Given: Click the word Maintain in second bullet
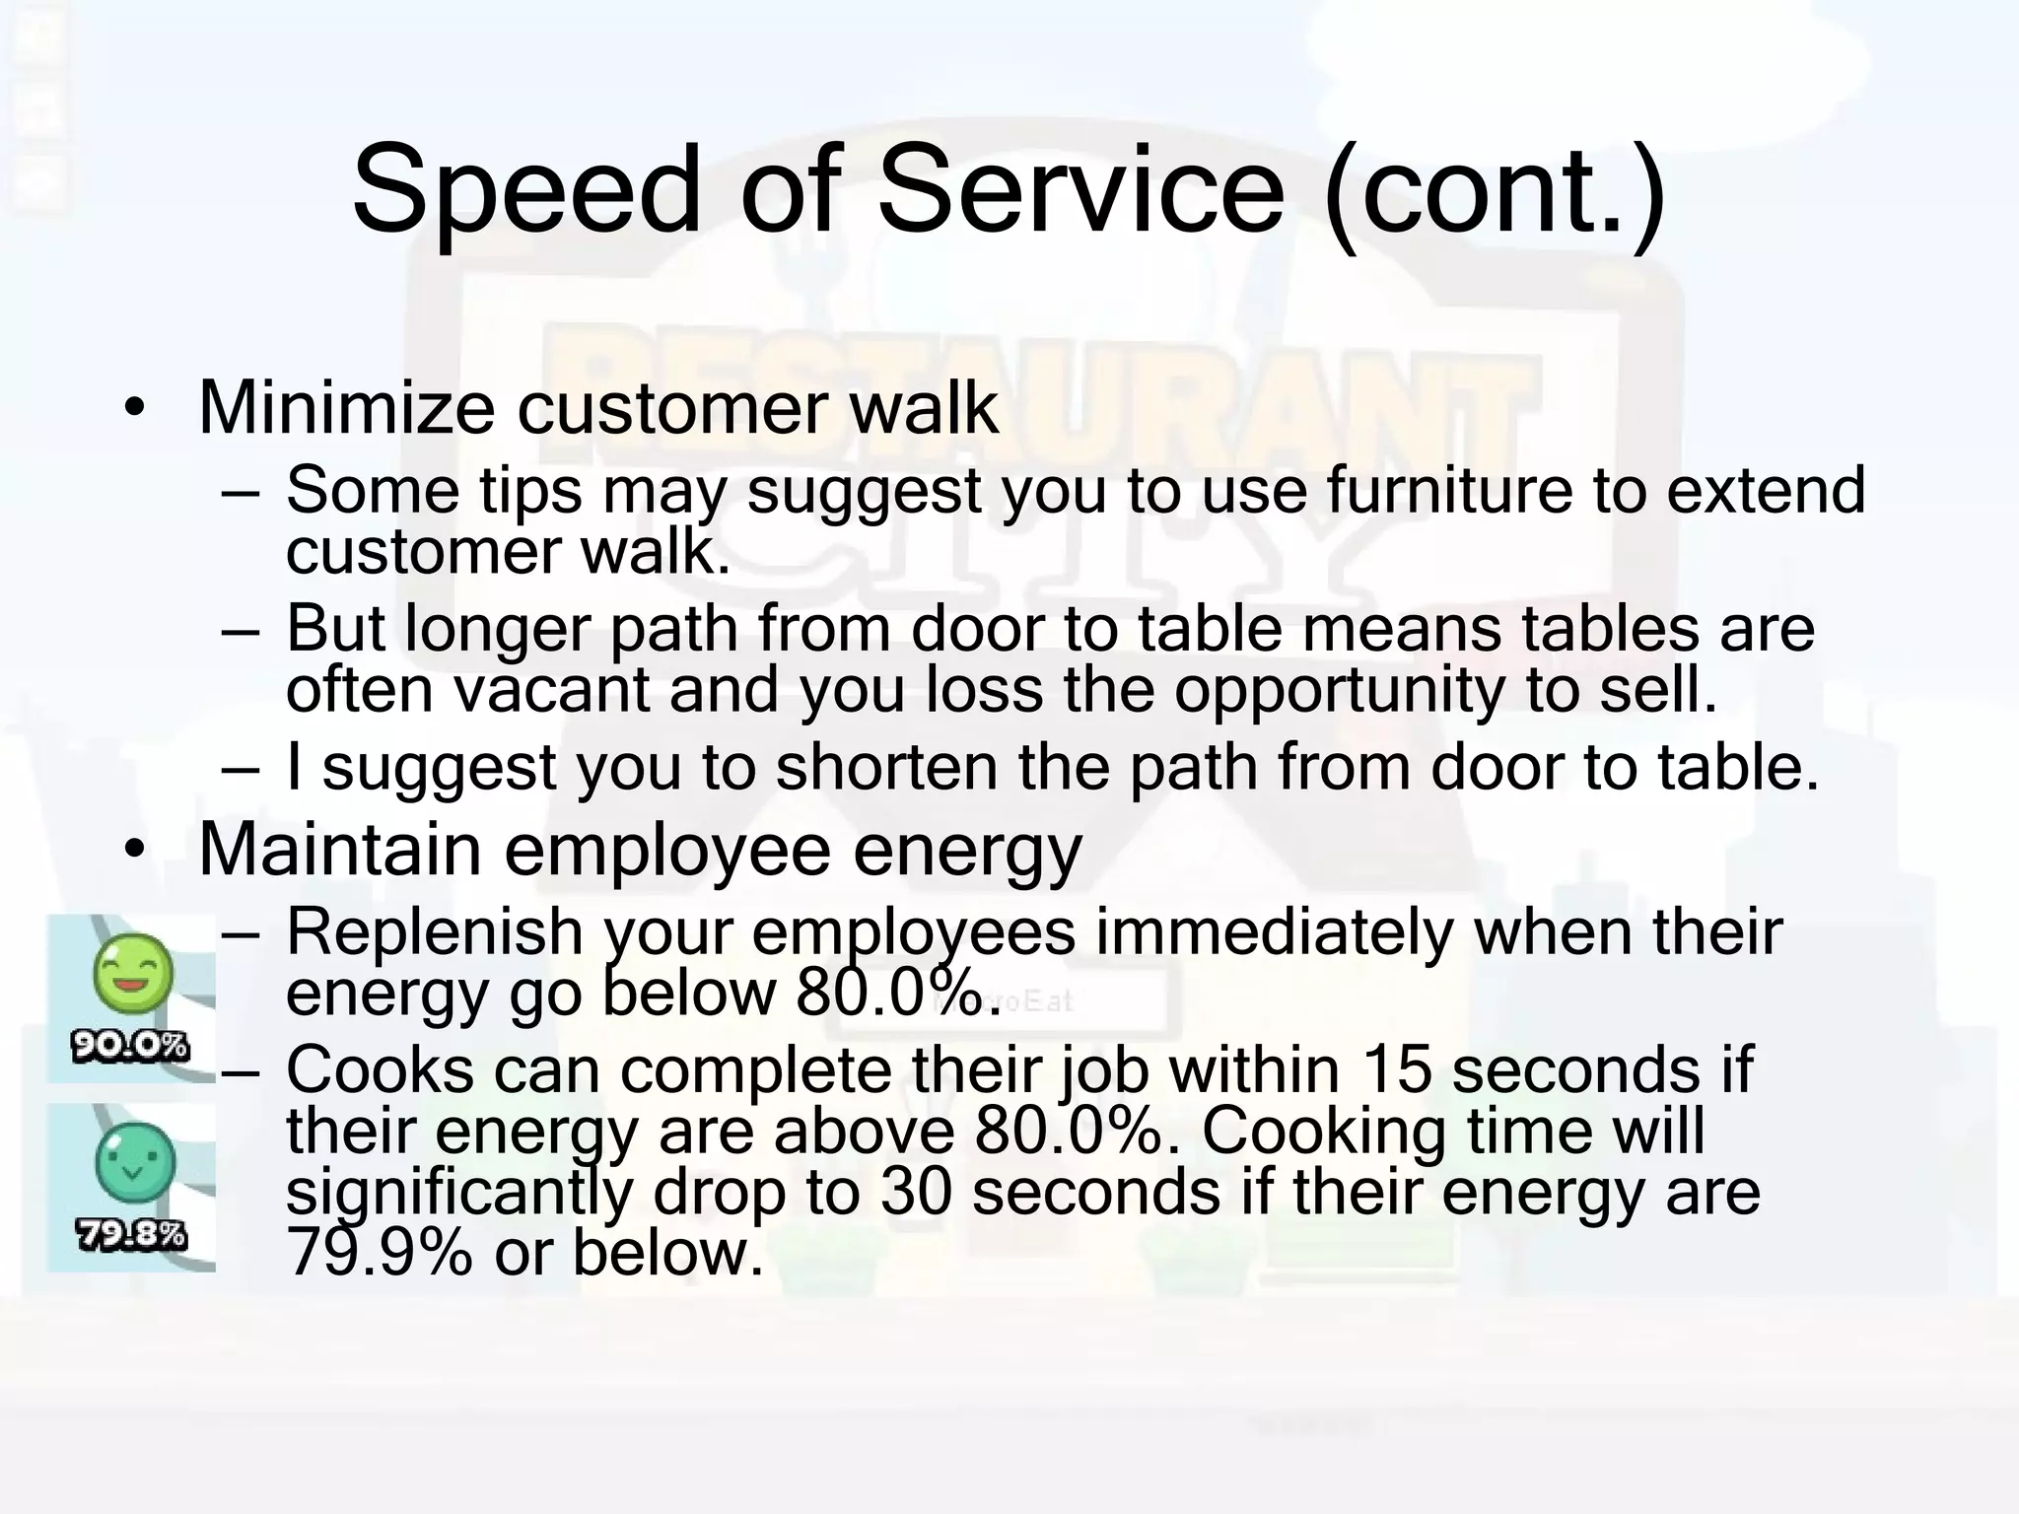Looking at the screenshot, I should pyautogui.click(x=339, y=849).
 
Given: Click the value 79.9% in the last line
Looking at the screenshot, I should pyautogui.click(x=380, y=1253).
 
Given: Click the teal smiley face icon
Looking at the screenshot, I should pyautogui.click(x=134, y=1161).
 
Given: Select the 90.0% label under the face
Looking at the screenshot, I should pyautogui.click(x=130, y=1046).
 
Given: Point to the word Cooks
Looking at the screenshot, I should pyautogui.click(x=380, y=1070).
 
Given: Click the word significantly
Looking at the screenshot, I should pyautogui.click(x=458, y=1194).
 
